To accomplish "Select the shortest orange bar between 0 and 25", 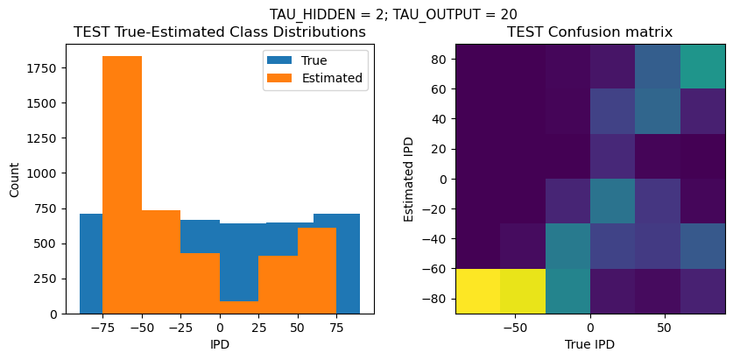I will [x=239, y=307].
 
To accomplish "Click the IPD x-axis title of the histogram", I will [x=220, y=344].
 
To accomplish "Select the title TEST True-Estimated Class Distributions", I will [x=220, y=32].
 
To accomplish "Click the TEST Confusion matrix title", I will [x=590, y=32].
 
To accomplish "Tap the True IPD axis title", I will [x=590, y=344].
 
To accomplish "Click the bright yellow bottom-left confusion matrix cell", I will [x=478, y=291].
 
